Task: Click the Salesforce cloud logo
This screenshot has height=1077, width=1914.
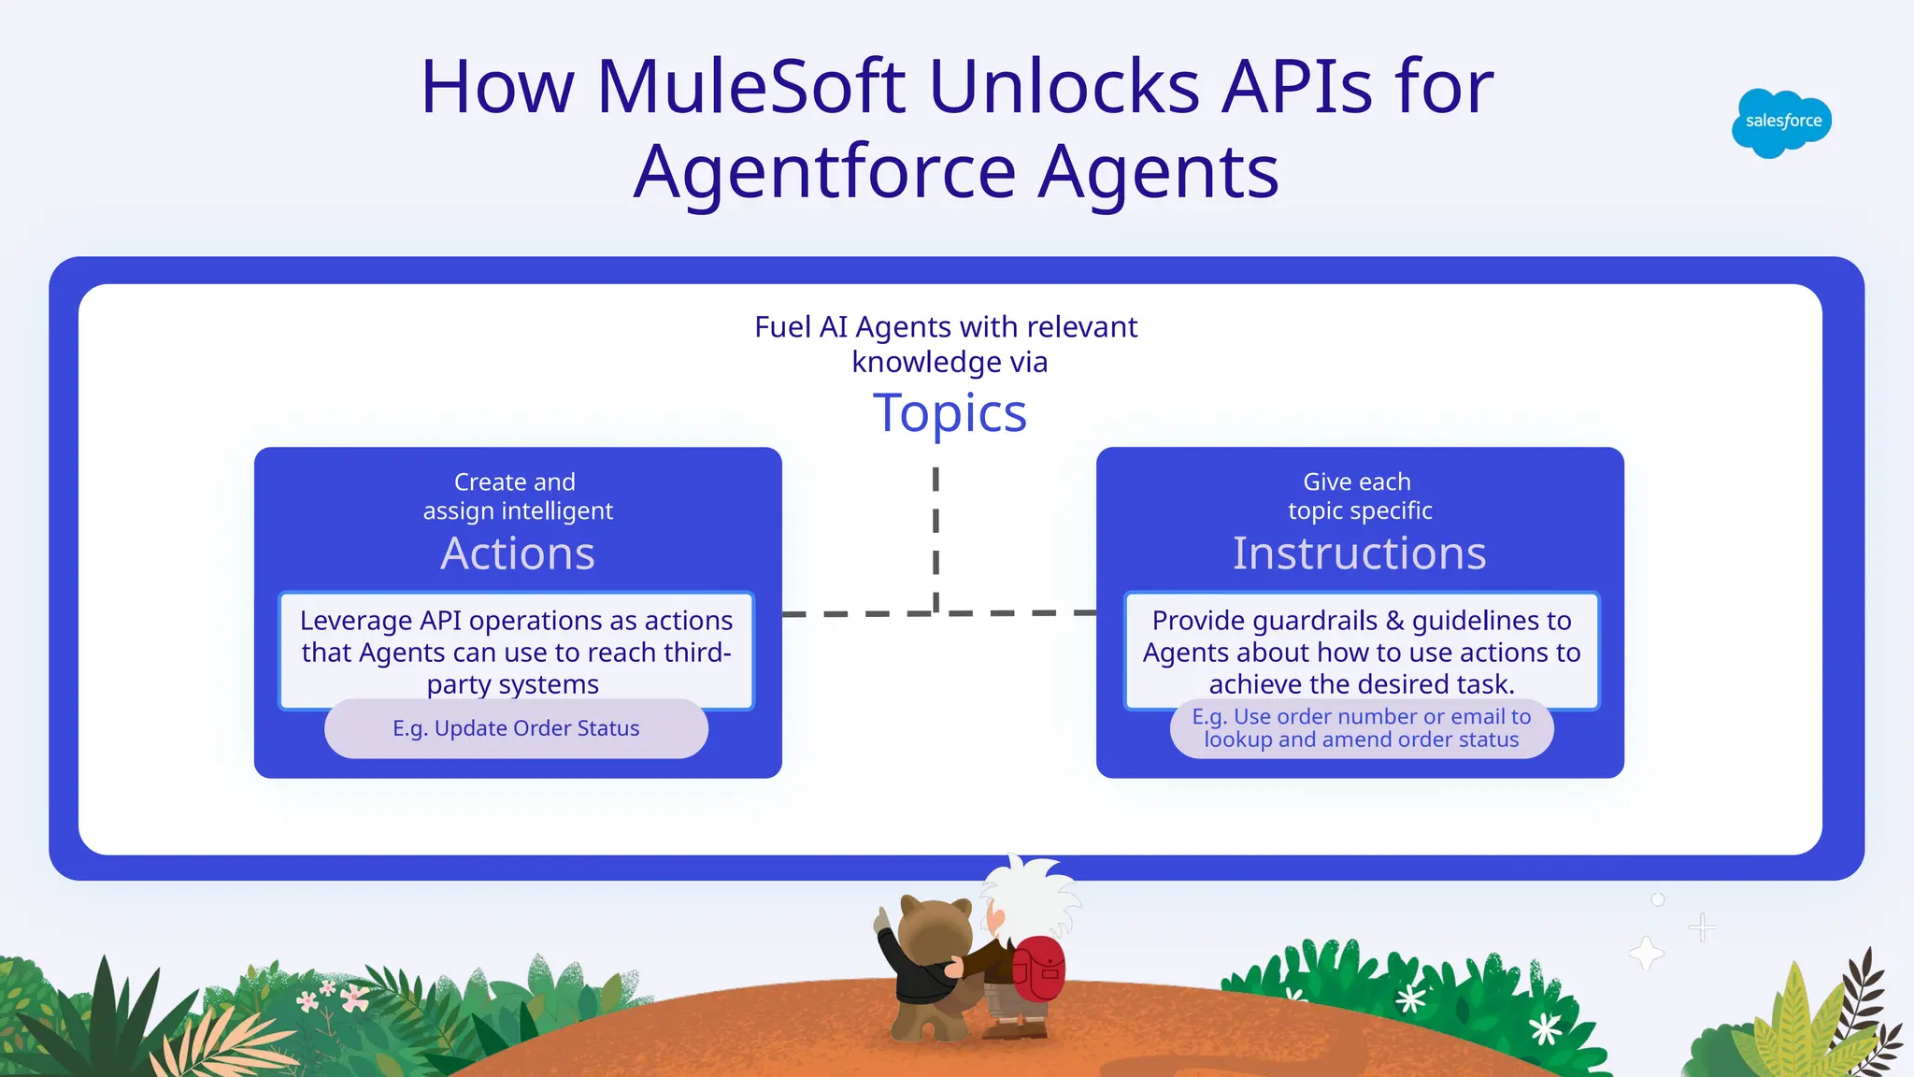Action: point(1781,122)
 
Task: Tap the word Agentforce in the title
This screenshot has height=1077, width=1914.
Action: point(824,172)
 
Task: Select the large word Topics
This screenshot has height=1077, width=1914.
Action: point(950,413)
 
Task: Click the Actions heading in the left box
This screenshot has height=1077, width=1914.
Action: point(518,553)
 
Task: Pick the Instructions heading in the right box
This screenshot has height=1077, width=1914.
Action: point(1359,553)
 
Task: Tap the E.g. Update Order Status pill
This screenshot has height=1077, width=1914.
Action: point(516,728)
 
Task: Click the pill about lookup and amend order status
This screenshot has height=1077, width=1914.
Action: point(1361,728)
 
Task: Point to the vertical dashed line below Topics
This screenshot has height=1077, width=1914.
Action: point(936,538)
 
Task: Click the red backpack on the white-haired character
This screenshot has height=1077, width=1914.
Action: point(1039,969)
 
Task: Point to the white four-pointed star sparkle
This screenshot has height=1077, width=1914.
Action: point(1646,954)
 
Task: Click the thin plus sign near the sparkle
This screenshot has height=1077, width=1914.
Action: point(1702,927)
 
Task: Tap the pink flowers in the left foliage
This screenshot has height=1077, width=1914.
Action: point(333,997)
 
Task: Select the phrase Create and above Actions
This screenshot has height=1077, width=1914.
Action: point(515,482)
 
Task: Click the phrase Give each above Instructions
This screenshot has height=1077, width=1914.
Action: point(1357,482)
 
